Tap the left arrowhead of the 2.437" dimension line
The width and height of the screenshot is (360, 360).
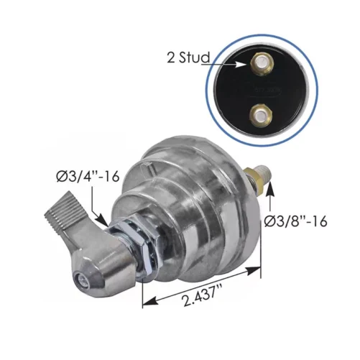(147, 302)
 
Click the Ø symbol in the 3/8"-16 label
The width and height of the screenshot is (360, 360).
(272, 221)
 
